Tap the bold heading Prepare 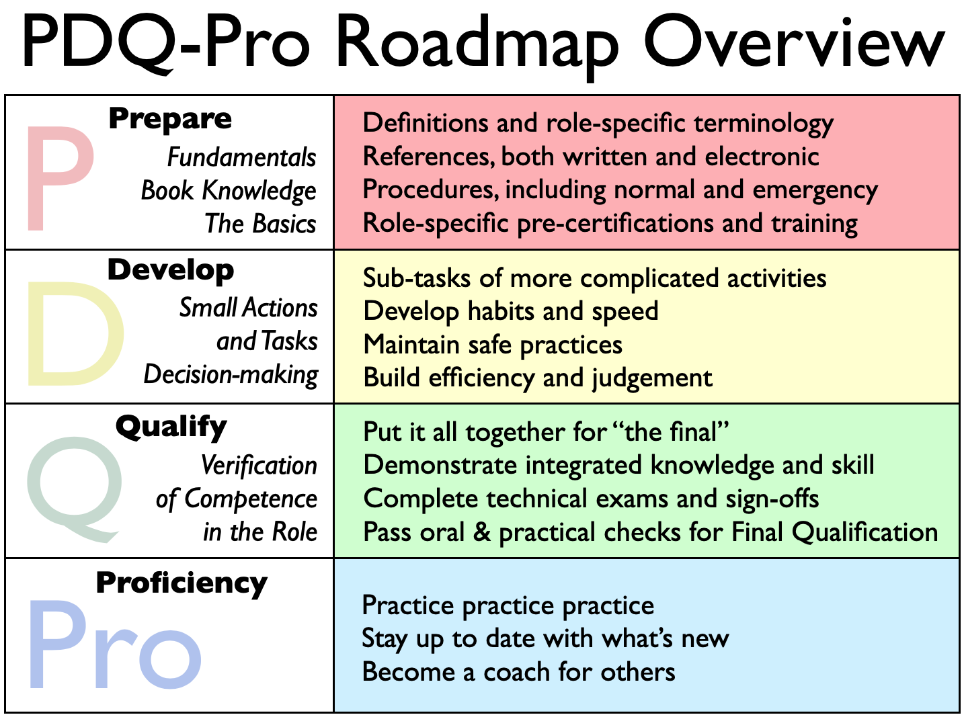(170, 120)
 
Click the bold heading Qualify (171, 427)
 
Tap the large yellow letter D (75, 334)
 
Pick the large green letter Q (74, 489)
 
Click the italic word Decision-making (231, 375)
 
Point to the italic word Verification (259, 466)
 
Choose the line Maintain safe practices (493, 345)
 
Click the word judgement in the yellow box (652, 378)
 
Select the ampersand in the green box (481, 532)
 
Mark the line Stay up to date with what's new (545, 640)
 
